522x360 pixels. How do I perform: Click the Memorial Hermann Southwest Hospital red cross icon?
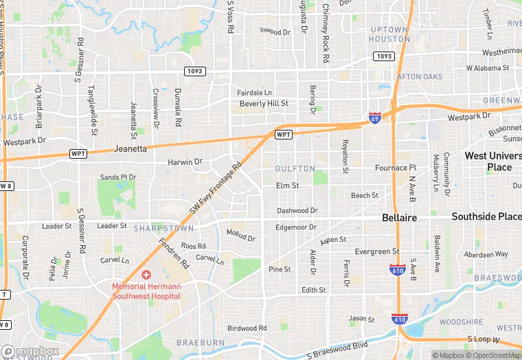click(x=146, y=275)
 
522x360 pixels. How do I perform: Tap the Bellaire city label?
click(x=399, y=217)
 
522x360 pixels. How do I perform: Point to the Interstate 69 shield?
click(x=374, y=118)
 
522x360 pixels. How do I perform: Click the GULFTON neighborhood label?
click(x=295, y=168)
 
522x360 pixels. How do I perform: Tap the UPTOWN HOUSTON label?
click(x=389, y=34)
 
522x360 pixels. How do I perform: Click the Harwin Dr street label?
click(x=185, y=162)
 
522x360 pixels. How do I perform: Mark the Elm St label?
click(x=287, y=185)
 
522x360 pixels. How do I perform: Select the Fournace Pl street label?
click(x=396, y=167)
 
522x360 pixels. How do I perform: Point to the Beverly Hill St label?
click(x=264, y=104)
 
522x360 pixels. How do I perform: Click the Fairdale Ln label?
click(x=255, y=92)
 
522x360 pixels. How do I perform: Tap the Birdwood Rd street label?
click(x=247, y=328)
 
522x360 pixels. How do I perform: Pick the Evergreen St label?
click(x=377, y=251)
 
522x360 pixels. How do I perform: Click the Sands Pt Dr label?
click(x=118, y=177)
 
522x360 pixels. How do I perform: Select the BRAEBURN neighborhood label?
click(x=200, y=342)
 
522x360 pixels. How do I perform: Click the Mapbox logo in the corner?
click(x=30, y=351)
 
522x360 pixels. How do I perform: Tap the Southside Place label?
click(x=486, y=216)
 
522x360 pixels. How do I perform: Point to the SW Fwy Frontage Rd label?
click(x=217, y=187)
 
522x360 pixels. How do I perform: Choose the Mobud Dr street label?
click(x=240, y=236)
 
